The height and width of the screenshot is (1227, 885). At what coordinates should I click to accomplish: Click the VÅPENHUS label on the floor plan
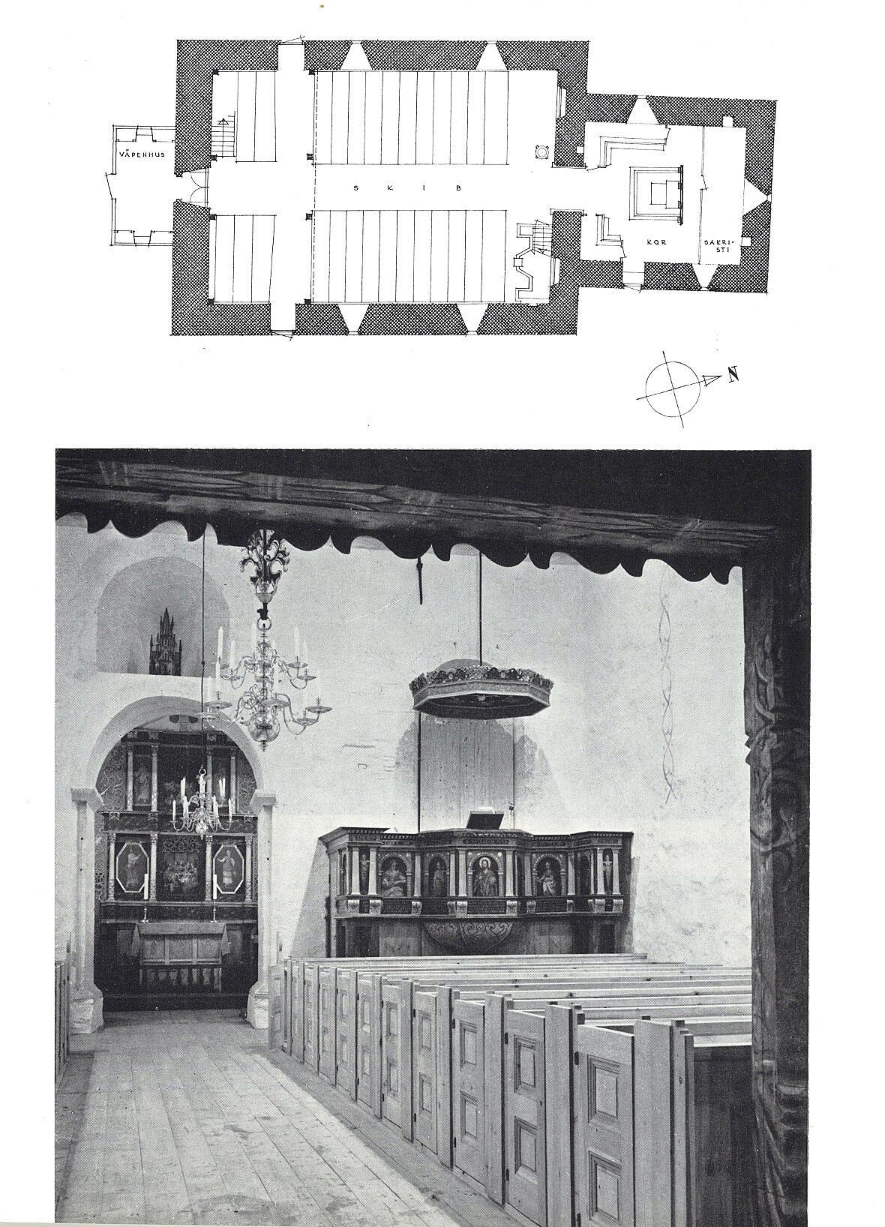(x=141, y=154)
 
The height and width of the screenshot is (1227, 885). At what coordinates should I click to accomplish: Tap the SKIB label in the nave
(x=408, y=188)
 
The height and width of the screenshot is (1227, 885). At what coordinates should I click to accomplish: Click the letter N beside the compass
(x=733, y=375)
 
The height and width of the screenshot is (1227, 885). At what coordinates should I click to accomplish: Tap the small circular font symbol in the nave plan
(x=543, y=151)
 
